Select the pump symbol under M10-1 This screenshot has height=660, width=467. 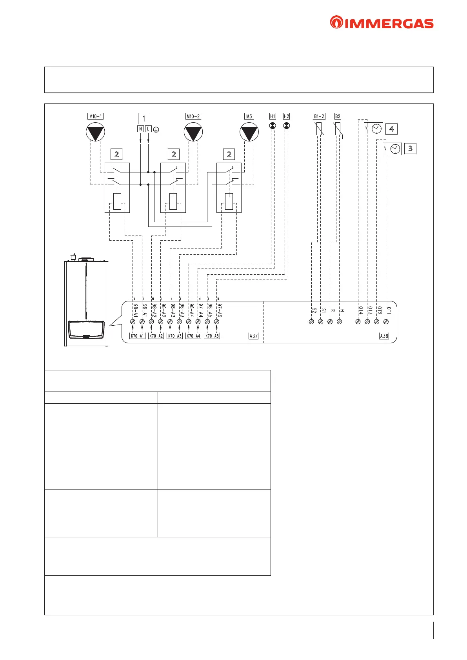95,132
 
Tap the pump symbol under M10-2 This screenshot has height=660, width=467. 193,132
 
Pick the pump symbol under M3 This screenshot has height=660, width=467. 249,132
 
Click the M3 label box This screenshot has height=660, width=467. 249,116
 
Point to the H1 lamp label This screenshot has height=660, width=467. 273,116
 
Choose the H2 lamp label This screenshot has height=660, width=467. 286,116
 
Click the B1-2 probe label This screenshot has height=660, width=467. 319,116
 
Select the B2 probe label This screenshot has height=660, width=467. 338,116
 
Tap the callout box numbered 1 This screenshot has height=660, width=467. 144,118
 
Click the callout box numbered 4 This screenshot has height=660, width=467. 391,129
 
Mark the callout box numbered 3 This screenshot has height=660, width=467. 410,149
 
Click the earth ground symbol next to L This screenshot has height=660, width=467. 156,129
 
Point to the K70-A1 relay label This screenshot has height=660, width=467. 137,336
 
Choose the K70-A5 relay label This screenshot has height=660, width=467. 212,336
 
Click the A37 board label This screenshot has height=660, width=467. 254,336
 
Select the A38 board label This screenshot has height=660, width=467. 384,336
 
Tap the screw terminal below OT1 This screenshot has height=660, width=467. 386,321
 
